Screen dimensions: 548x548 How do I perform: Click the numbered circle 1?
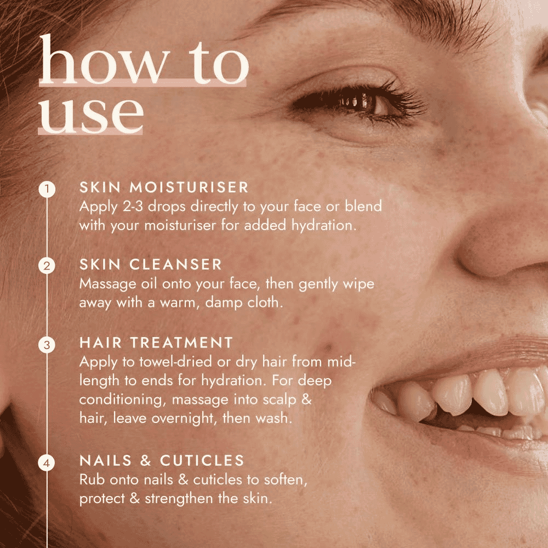tap(47, 189)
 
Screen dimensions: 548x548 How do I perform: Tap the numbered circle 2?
tap(47, 266)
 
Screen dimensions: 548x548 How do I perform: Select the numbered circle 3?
tap(47, 345)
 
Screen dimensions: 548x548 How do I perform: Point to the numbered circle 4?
tap(47, 463)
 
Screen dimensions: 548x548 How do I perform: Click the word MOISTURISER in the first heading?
tap(189, 187)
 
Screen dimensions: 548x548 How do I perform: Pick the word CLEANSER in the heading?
tap(176, 265)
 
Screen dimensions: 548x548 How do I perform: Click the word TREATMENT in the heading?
tap(181, 343)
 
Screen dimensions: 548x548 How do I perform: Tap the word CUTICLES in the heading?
tap(202, 461)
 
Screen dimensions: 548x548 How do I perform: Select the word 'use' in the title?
tap(91, 115)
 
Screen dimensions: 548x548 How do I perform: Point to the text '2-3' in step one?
tap(133, 207)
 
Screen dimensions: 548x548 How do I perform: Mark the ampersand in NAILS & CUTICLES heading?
tap(145, 461)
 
